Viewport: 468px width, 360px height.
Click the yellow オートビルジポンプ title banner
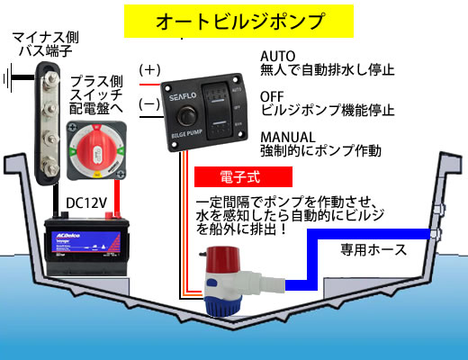pos(238,21)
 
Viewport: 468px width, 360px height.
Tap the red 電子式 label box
pos(243,176)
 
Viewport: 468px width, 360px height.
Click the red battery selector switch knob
pos(96,149)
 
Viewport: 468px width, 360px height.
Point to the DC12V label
pos(86,203)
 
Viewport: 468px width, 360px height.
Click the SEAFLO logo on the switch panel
pos(183,96)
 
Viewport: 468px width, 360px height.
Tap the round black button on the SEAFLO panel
pos(186,115)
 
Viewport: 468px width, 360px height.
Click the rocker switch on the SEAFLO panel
pos(218,112)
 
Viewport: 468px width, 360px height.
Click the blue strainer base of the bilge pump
pos(222,305)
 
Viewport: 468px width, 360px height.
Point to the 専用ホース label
pos(373,249)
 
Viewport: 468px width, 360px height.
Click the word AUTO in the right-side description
pos(278,56)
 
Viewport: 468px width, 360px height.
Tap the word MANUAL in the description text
pos(288,137)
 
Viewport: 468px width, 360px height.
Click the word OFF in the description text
pos(272,96)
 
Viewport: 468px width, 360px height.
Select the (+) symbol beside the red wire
pos(149,70)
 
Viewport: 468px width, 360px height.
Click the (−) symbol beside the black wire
pos(149,103)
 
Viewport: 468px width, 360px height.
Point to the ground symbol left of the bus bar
pos(8,78)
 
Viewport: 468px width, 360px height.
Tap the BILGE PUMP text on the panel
pos(186,134)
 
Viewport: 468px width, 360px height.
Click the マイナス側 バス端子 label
pos(45,44)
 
